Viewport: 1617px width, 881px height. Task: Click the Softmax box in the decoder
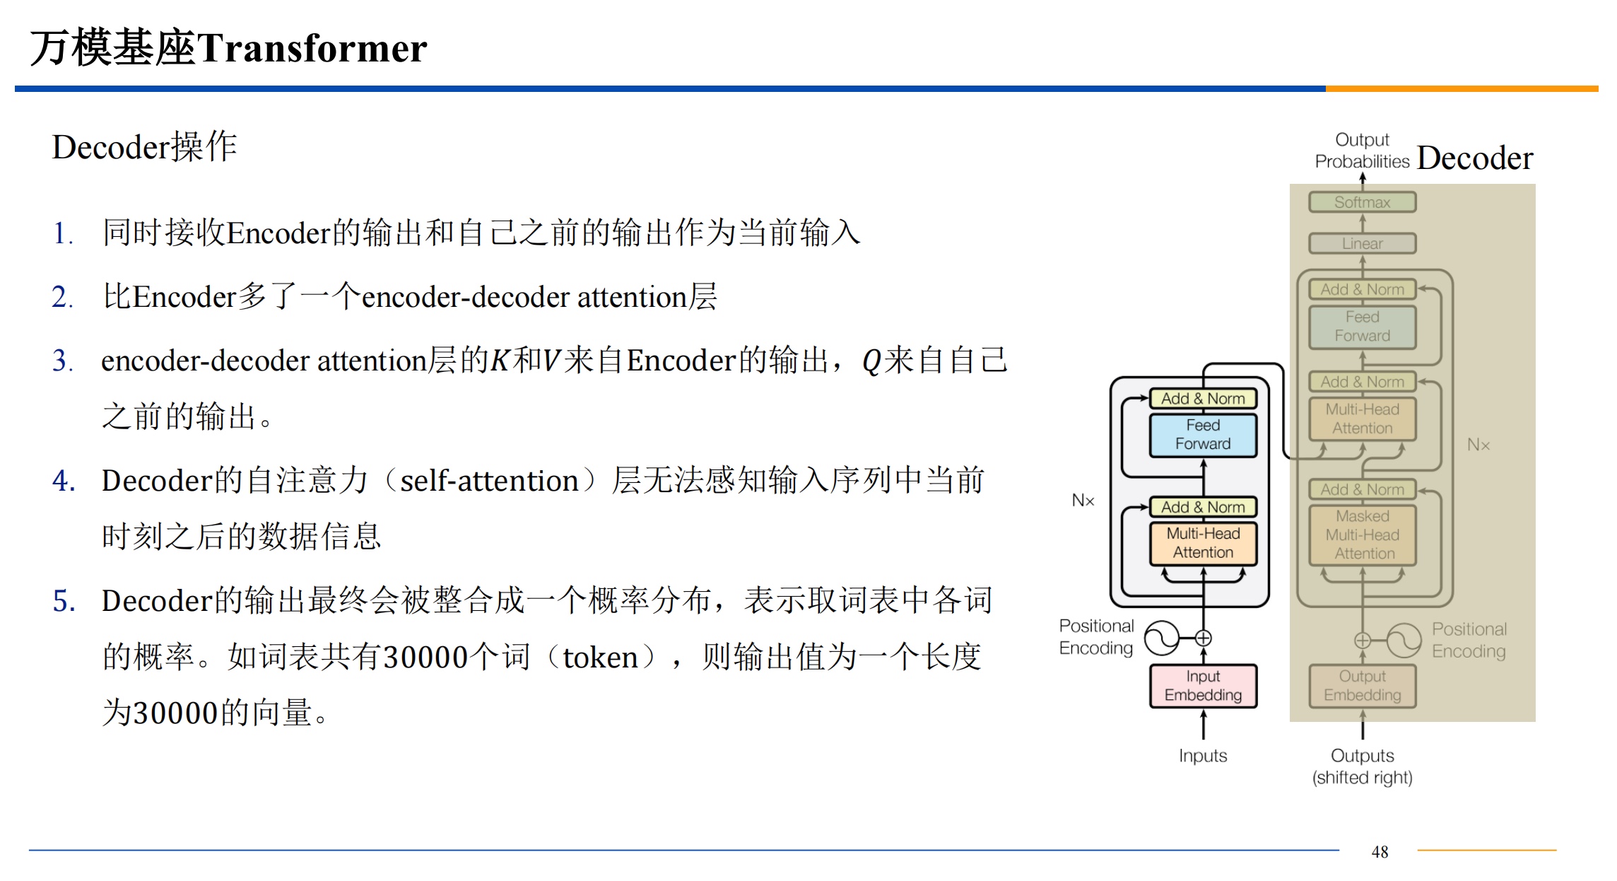(x=1362, y=202)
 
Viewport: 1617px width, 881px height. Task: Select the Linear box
(x=1362, y=243)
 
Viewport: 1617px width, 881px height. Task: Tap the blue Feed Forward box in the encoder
(x=1203, y=435)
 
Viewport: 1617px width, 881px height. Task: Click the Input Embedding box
(x=1203, y=686)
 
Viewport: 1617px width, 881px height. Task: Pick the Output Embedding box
(x=1362, y=686)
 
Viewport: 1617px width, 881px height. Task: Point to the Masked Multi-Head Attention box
(x=1362, y=535)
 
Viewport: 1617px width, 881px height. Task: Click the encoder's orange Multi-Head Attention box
(x=1203, y=543)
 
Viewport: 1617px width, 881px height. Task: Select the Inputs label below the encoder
(x=1203, y=756)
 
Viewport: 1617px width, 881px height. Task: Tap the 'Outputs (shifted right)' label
(x=1362, y=766)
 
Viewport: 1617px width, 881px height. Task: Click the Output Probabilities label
(x=1362, y=151)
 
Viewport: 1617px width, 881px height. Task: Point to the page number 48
(x=1380, y=852)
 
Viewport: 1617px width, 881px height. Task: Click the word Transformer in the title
(x=312, y=48)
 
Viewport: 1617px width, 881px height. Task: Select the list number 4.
(x=63, y=481)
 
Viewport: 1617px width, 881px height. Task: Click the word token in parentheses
(x=600, y=658)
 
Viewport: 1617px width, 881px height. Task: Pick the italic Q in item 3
(x=871, y=361)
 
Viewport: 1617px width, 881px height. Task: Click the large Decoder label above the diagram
(x=1475, y=158)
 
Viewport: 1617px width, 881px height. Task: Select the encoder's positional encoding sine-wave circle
(x=1162, y=638)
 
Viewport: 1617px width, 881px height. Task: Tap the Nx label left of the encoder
(x=1083, y=501)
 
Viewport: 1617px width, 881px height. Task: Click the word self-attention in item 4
(x=489, y=482)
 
